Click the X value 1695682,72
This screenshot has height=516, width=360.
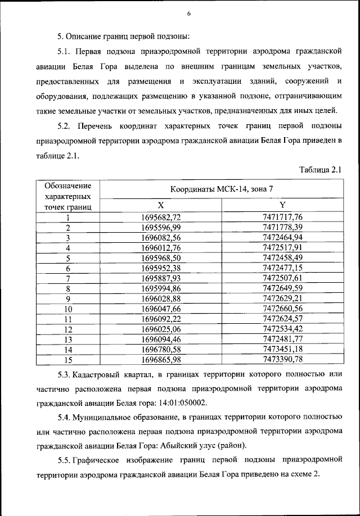coord(161,217)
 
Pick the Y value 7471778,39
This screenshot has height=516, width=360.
coord(282,227)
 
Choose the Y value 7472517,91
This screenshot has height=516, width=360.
coord(282,247)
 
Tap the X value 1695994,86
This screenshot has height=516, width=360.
coord(161,288)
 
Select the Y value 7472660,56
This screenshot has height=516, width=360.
coord(282,309)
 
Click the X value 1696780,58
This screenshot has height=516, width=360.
coord(161,350)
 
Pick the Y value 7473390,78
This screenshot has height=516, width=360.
coord(282,359)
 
